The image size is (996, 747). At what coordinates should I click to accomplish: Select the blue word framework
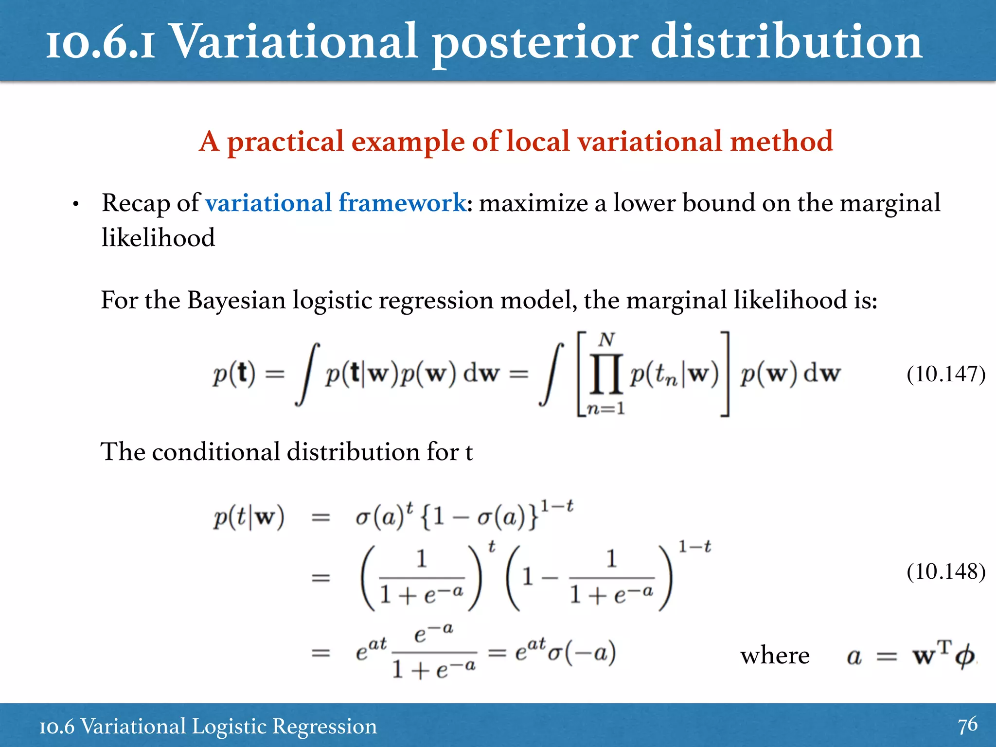[402, 203]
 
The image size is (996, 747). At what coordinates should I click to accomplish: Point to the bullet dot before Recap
[75, 205]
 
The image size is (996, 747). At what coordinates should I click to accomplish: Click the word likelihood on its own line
[158, 238]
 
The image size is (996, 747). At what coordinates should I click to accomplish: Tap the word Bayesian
[236, 300]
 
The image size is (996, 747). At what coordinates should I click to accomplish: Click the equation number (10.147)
[946, 374]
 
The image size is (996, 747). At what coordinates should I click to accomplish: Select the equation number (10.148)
[946, 571]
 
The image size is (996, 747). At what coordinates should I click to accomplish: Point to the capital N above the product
[606, 340]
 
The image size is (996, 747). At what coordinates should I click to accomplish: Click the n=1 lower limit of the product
[605, 409]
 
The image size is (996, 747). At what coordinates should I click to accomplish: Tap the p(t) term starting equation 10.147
[234, 374]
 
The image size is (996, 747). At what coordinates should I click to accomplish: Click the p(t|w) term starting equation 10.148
[249, 517]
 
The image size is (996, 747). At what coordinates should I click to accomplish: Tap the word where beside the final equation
[775, 656]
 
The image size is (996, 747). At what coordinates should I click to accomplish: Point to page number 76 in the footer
[967, 725]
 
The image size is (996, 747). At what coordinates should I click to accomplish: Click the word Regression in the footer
[324, 727]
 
